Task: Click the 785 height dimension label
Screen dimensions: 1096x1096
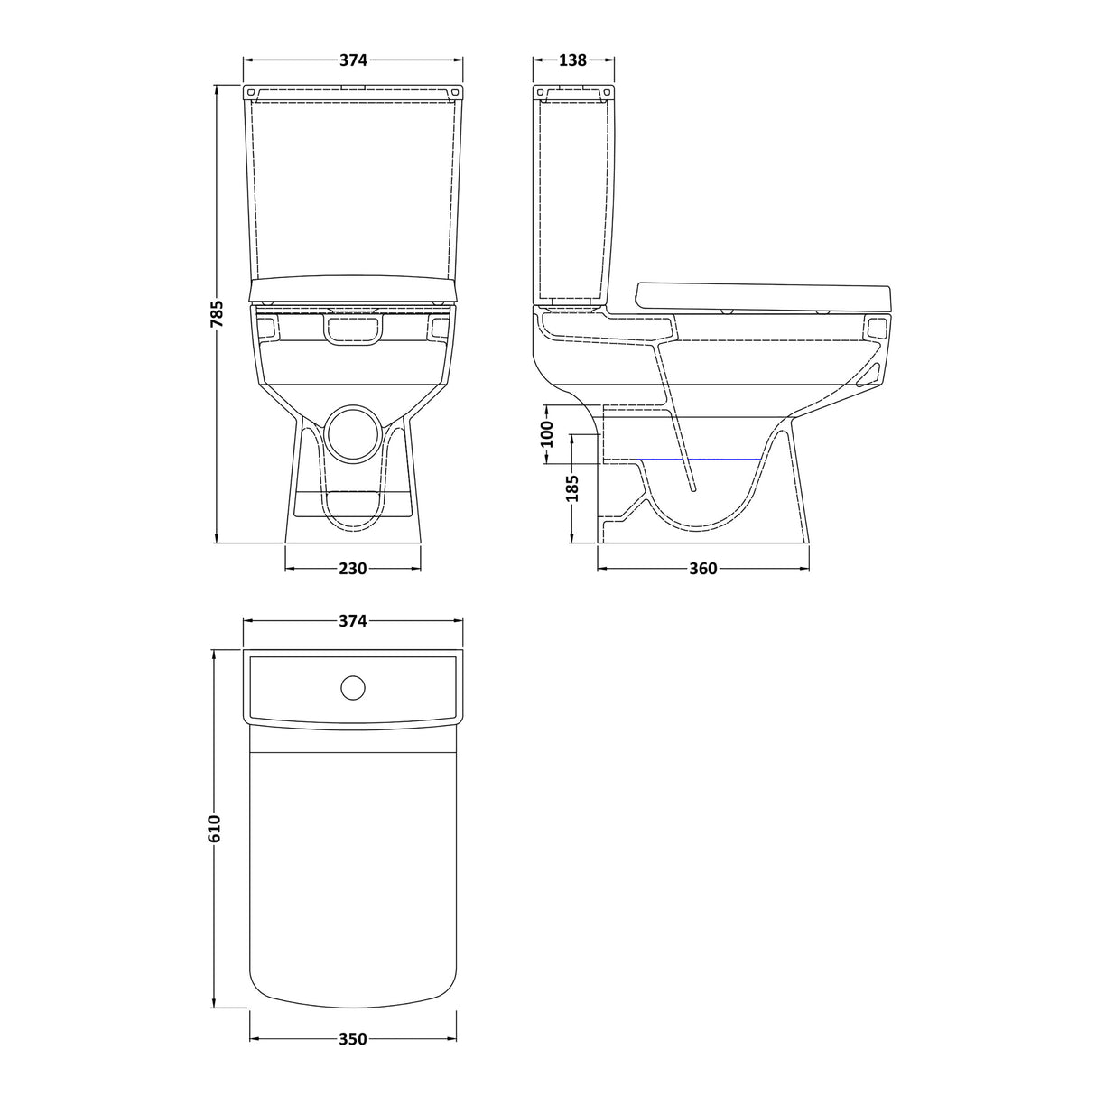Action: coord(217,313)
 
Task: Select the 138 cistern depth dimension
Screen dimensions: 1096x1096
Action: coord(573,60)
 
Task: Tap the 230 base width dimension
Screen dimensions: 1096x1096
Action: coord(353,569)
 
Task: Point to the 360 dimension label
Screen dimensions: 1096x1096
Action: coord(702,569)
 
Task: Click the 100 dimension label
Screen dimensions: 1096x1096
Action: coord(546,434)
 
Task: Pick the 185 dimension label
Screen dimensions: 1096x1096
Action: coord(572,488)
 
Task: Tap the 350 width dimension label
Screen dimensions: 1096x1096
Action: coord(353,1039)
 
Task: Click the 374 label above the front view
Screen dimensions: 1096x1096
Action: coord(353,60)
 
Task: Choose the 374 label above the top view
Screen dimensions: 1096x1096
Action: coord(353,621)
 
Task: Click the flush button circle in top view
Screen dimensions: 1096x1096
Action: coord(353,688)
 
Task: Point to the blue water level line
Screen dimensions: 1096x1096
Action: coord(700,460)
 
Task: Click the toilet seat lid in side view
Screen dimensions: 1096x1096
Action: coord(763,295)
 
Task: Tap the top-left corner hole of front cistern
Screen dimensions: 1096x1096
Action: coord(251,92)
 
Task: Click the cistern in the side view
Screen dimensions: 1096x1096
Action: coord(574,199)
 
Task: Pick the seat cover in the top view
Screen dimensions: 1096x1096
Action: coord(353,867)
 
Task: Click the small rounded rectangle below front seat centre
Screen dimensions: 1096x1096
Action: coord(353,330)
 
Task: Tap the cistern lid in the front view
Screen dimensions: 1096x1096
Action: coord(353,93)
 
